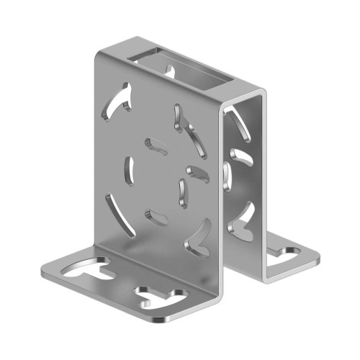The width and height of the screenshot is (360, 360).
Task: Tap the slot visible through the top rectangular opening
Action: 172,70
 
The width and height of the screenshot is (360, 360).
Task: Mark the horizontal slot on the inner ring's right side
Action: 197,171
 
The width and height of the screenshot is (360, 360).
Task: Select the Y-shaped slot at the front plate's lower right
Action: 199,238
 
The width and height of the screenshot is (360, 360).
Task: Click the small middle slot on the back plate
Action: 239,159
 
